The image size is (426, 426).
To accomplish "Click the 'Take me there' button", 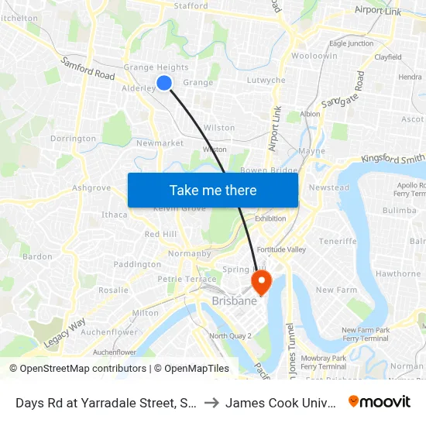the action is click(x=213, y=190).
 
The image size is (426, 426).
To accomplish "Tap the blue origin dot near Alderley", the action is click(x=164, y=83).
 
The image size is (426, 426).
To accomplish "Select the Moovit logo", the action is click(x=380, y=401).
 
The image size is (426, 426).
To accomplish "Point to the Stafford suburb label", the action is click(x=192, y=6).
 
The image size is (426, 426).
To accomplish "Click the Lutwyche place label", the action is click(x=266, y=81).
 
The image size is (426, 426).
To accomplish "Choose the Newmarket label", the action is click(x=160, y=143).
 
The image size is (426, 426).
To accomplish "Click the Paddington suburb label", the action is click(x=137, y=264).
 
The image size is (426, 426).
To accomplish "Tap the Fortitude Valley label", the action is click(x=282, y=249).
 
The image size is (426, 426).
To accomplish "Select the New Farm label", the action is click(x=335, y=290).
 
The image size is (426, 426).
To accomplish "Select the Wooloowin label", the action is click(x=314, y=57).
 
